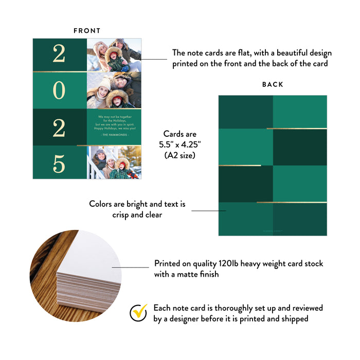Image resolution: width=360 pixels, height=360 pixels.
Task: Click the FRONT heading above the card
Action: pos(87,31)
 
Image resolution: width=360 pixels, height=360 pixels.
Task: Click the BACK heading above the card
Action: pos(273,84)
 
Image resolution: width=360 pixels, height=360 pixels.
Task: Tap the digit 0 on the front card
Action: pos(59,91)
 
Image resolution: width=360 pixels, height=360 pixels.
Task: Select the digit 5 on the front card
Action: pos(59,164)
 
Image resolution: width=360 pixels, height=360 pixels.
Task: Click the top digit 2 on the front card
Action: pos(59,54)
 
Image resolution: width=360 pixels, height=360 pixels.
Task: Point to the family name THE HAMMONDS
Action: pos(114,134)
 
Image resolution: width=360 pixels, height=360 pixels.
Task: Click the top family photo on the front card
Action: pos(114,55)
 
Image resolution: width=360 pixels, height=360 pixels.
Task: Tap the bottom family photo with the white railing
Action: pos(114,162)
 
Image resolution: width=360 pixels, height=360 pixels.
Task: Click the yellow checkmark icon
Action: pos(138,313)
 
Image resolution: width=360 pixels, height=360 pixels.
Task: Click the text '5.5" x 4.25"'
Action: pos(179,145)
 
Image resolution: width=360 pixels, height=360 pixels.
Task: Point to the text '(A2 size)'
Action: pos(179,155)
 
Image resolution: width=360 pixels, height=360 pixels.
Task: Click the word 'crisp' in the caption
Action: pos(122,215)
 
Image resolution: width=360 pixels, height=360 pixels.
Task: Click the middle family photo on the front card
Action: pos(114,91)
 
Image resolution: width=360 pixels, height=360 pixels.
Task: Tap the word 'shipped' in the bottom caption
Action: pos(295,319)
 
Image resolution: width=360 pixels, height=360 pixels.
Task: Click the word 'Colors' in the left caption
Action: pos(101,204)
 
